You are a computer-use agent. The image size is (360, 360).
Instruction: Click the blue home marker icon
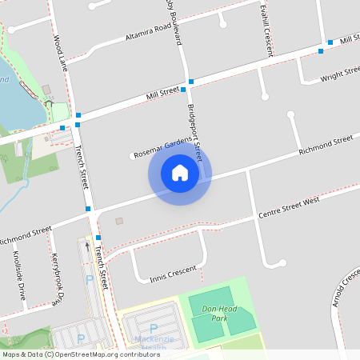[180, 173]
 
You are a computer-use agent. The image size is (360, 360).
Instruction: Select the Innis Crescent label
[172, 274]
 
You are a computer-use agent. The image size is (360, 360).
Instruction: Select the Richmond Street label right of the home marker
[326, 145]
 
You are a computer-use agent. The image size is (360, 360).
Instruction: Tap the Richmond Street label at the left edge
[26, 234]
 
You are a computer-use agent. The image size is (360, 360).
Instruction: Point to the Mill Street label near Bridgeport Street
[161, 93]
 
